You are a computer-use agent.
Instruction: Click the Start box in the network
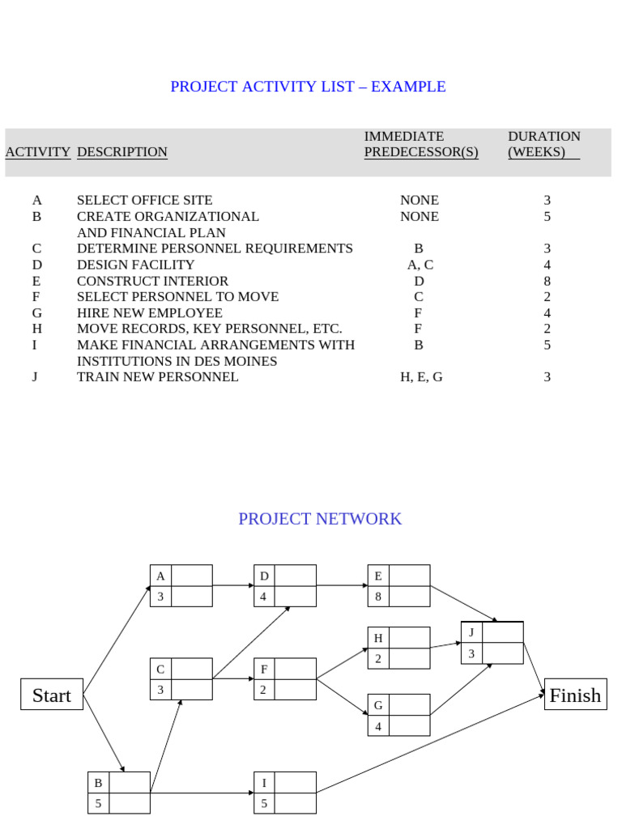(52, 695)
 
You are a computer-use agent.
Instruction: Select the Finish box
(575, 695)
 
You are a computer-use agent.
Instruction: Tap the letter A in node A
(160, 576)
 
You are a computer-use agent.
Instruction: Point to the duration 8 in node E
(378, 597)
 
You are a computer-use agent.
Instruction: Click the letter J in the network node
(471, 632)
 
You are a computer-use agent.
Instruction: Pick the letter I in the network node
(264, 783)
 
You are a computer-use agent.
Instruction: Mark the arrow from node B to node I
(202, 793)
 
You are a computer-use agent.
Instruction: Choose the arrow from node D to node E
(342, 585)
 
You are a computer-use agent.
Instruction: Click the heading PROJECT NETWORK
(320, 519)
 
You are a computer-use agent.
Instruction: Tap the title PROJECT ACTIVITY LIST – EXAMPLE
(308, 87)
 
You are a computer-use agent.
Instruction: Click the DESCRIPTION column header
(122, 152)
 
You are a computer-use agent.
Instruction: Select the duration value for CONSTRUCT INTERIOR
(547, 281)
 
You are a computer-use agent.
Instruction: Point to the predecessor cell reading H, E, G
(421, 377)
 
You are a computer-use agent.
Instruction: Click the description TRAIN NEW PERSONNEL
(158, 377)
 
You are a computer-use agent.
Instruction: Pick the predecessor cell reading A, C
(420, 265)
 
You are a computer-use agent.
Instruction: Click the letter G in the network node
(378, 705)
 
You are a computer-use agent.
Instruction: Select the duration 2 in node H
(378, 659)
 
